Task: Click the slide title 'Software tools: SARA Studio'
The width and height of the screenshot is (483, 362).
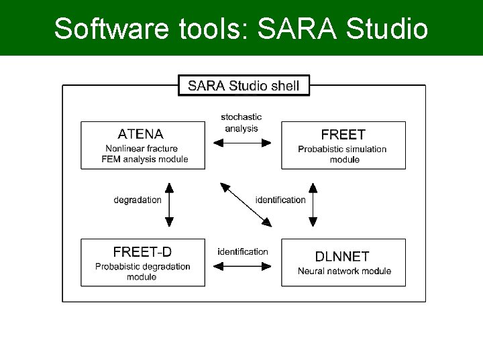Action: click(x=241, y=29)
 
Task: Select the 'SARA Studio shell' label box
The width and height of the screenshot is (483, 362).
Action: click(x=244, y=86)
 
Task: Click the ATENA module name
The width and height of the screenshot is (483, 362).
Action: click(x=141, y=133)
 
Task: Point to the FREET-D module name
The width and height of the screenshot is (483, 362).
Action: click(x=142, y=251)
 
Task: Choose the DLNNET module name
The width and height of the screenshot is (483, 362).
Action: click(x=342, y=255)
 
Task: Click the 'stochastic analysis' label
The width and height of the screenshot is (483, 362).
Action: click(x=241, y=123)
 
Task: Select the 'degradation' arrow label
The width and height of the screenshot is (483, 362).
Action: click(x=138, y=200)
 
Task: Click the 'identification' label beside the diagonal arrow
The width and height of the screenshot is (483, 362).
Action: click(x=280, y=200)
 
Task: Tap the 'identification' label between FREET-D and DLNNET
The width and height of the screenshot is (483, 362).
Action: click(x=243, y=251)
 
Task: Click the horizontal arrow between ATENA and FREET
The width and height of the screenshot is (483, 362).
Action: click(x=242, y=142)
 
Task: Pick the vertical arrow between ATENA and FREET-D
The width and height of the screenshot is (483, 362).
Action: click(x=169, y=204)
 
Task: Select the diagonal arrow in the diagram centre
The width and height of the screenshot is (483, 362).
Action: click(x=246, y=205)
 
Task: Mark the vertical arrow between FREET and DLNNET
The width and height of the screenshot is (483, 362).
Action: click(x=313, y=204)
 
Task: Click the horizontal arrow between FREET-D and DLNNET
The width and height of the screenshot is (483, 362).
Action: click(x=242, y=266)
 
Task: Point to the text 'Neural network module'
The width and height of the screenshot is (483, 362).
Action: click(x=344, y=271)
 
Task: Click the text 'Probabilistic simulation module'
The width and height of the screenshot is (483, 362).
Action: click(x=342, y=154)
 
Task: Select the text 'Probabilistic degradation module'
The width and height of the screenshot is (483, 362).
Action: click(x=142, y=271)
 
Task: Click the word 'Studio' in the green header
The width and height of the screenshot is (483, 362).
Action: click(x=390, y=29)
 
